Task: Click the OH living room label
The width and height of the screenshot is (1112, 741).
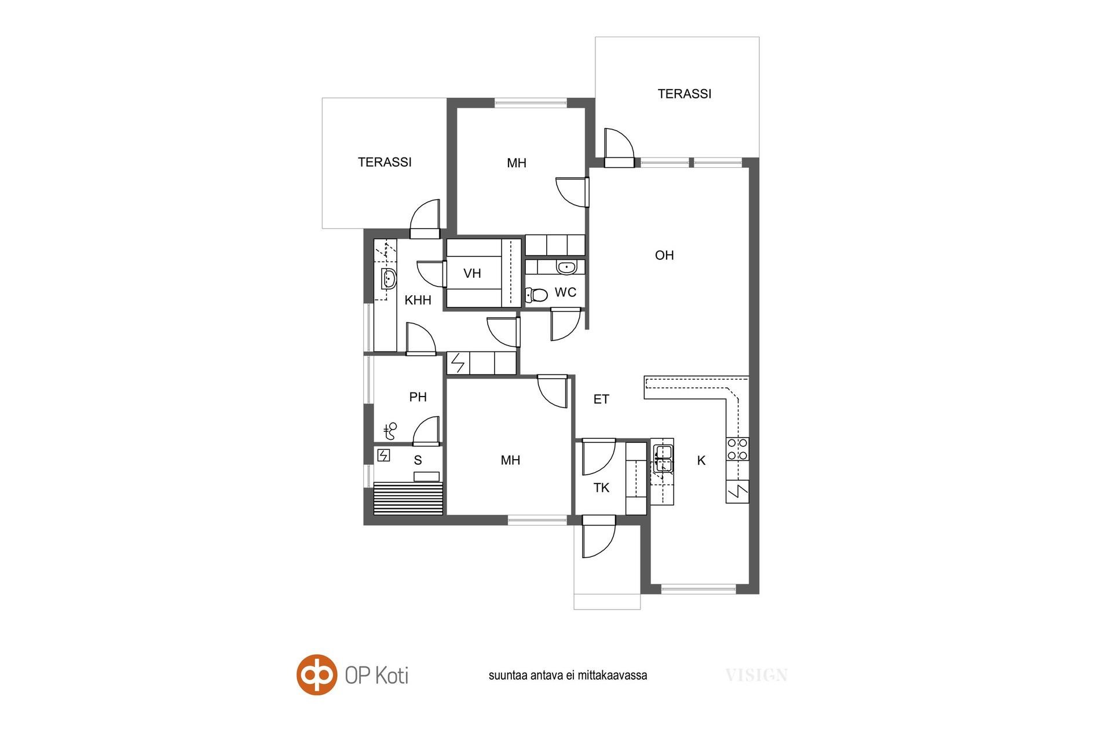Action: click(x=664, y=255)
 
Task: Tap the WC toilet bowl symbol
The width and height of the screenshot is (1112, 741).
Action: click(x=536, y=295)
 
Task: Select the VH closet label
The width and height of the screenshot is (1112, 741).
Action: click(x=472, y=273)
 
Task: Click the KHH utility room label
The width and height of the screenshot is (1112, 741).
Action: click(x=418, y=300)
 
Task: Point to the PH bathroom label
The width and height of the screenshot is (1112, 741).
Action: click(x=418, y=397)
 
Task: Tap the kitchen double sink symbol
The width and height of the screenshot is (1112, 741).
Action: click(x=663, y=457)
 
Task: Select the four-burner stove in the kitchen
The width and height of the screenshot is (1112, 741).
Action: click(x=737, y=449)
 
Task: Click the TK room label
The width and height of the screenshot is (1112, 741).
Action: click(x=601, y=488)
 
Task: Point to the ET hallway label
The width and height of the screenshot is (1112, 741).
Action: click(x=601, y=399)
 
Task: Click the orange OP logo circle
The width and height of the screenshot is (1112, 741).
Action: click(x=317, y=674)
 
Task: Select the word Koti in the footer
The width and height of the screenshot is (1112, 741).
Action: click(x=391, y=676)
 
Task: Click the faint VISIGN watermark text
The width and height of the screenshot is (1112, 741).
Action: click(x=756, y=675)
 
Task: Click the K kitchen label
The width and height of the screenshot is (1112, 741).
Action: click(x=701, y=461)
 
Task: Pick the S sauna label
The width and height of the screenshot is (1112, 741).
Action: click(x=418, y=461)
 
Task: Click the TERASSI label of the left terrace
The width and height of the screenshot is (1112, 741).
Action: click(x=385, y=162)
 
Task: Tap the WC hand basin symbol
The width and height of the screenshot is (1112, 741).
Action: click(x=566, y=267)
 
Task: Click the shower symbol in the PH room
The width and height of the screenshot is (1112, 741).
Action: click(x=390, y=431)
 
